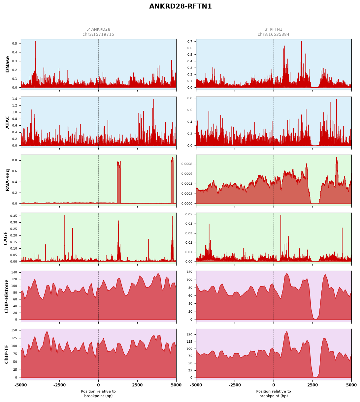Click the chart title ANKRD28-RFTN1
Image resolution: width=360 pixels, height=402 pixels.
point(180,6)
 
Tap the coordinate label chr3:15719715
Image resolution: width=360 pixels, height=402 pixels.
point(98,34)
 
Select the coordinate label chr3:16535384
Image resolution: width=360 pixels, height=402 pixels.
point(274,34)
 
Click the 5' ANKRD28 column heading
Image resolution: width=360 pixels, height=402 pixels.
point(98,29)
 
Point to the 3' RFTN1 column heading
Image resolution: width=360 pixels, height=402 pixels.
point(274,29)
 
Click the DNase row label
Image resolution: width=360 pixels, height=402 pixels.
point(7,64)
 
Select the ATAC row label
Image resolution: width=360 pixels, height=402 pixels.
point(7,122)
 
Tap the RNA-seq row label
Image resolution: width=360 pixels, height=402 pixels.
point(7,180)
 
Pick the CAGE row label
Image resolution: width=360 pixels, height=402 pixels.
point(5,238)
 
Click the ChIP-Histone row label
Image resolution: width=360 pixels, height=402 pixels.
point(6,296)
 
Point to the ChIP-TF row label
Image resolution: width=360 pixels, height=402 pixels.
point(6,354)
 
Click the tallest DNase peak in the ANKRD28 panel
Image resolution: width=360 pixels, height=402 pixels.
point(35,42)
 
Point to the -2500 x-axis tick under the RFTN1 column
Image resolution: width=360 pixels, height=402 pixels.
point(235,385)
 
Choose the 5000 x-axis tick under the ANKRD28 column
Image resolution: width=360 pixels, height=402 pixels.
point(176,385)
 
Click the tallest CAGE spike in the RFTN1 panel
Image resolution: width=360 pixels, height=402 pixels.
point(280,215)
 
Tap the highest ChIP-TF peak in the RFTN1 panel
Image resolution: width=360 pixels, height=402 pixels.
point(287,331)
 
